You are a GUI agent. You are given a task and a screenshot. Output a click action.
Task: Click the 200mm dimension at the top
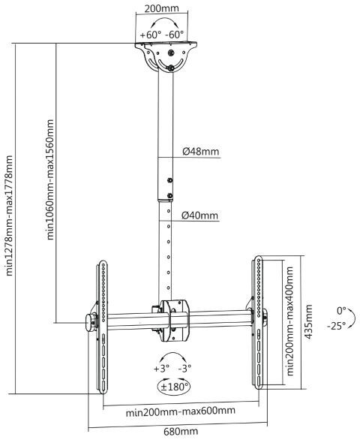point(162,8)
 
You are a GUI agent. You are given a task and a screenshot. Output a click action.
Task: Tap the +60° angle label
point(151,35)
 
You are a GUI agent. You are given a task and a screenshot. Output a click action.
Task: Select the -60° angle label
point(175,35)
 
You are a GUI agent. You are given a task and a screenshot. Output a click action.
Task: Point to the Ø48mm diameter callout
point(200,152)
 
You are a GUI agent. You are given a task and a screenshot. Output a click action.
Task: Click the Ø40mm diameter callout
point(199,215)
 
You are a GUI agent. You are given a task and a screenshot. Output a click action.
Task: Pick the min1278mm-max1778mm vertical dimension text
point(9,215)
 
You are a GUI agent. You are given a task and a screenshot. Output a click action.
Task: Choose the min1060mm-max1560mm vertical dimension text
point(49,179)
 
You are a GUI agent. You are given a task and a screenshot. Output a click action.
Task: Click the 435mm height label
point(308,321)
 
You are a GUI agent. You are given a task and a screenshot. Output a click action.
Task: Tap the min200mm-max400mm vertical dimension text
point(290,321)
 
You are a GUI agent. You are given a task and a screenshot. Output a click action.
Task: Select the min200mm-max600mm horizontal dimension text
point(180,411)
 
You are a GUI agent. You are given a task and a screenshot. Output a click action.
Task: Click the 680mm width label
point(181,431)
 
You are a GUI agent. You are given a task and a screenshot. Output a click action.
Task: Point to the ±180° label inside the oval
point(174,387)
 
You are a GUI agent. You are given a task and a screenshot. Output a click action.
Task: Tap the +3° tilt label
point(161,368)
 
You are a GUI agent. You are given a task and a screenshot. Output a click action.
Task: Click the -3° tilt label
point(184,368)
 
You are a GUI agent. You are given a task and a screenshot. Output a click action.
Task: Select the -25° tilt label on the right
point(336,326)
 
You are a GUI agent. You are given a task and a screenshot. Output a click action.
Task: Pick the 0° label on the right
point(341,311)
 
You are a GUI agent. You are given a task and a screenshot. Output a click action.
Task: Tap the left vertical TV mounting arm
point(103,327)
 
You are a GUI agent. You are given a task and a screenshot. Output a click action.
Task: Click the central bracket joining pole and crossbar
point(174,321)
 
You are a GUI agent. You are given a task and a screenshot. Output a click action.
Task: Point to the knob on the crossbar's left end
point(90,323)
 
